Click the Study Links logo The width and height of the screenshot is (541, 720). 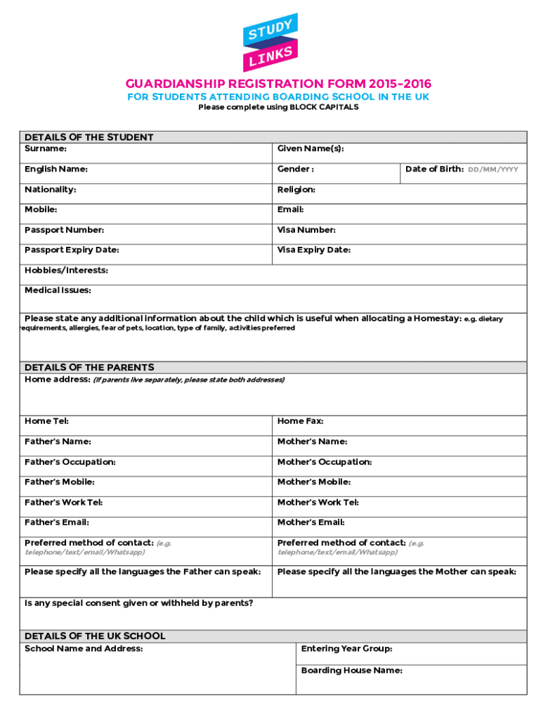(x=270, y=42)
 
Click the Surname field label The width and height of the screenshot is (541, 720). (x=46, y=149)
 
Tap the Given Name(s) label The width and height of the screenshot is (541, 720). (x=311, y=149)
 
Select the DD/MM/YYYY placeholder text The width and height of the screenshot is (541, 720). (x=493, y=169)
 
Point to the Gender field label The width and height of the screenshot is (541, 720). (x=295, y=169)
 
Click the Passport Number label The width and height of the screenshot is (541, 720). (x=64, y=230)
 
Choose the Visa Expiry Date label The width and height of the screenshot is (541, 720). (x=313, y=250)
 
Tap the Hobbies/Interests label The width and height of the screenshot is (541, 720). (x=66, y=271)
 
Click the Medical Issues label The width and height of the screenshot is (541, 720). (x=58, y=290)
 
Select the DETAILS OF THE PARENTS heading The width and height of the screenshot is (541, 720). (x=89, y=367)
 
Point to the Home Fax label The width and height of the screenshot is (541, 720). (x=300, y=421)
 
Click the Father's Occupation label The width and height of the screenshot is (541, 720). (x=70, y=462)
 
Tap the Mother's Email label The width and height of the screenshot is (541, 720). (x=311, y=522)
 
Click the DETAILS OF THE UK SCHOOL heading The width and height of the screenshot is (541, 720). (x=95, y=636)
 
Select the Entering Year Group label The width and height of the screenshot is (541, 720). (x=346, y=648)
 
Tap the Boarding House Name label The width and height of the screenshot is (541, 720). (x=351, y=670)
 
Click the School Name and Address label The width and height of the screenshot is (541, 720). (x=84, y=648)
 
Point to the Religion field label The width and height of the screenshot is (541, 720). (x=296, y=190)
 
